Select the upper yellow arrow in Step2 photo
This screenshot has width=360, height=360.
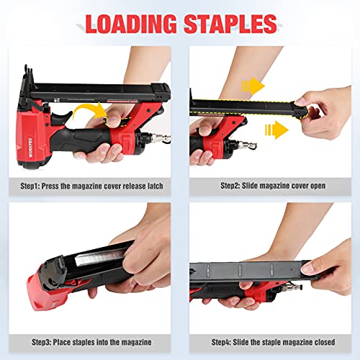(x=251, y=87)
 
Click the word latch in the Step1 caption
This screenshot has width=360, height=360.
(x=153, y=186)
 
